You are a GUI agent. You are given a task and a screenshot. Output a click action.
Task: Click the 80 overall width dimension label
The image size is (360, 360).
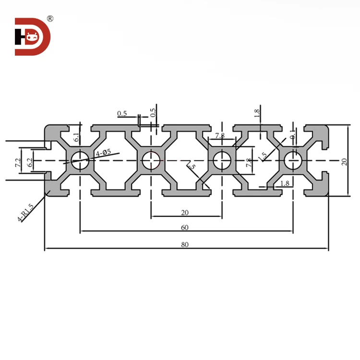(x=185, y=244)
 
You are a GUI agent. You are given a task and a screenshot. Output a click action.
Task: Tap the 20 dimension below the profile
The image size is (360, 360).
(x=185, y=213)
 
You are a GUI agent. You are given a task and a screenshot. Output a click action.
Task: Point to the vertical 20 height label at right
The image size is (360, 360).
(x=344, y=161)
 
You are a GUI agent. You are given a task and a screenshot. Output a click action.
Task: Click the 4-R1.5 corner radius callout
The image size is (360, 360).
(x=25, y=213)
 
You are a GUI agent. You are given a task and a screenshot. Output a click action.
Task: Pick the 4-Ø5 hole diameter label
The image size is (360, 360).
(x=103, y=153)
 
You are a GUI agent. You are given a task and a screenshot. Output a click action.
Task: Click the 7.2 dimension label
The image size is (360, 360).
(x=18, y=162)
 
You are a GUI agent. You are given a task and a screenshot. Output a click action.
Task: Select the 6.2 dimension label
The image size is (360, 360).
(x=30, y=162)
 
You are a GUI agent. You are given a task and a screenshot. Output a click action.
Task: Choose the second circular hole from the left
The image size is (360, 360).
(x=151, y=160)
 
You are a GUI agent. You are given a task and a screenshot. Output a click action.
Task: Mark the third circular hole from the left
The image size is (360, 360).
(x=222, y=160)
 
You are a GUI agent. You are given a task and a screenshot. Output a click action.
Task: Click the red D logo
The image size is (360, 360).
(x=33, y=36)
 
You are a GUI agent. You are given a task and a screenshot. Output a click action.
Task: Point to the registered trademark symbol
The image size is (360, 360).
(x=50, y=19)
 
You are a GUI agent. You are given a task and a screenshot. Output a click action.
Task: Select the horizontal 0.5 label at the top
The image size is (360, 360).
(x=122, y=114)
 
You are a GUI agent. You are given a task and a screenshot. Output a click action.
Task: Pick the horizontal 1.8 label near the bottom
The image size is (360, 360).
(x=284, y=183)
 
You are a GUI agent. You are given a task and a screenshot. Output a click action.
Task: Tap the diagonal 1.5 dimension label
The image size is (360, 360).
(x=262, y=156)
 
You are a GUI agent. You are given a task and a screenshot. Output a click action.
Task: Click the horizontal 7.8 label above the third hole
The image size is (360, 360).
(x=220, y=136)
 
